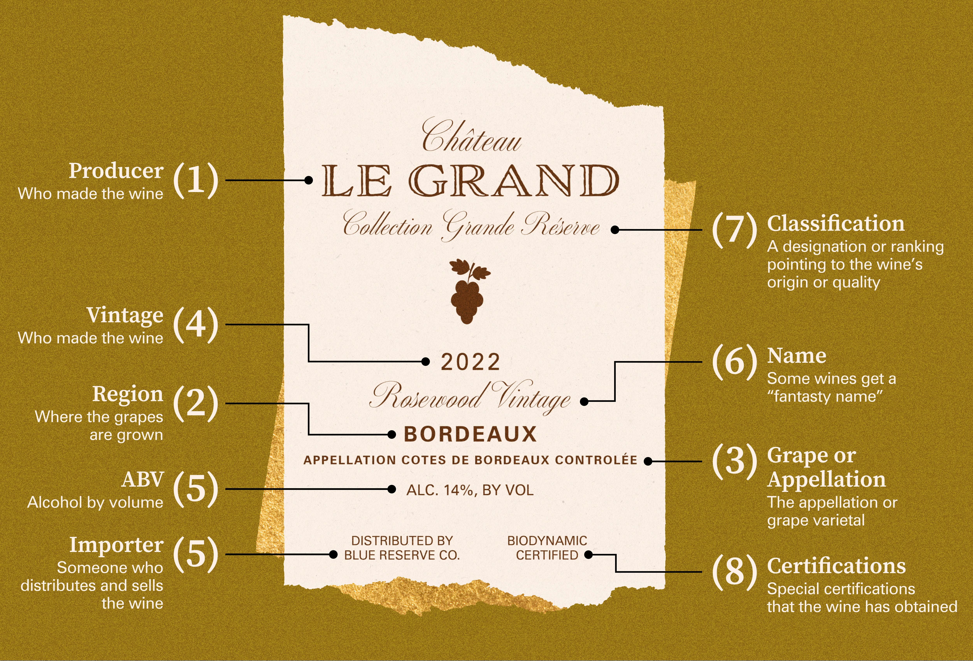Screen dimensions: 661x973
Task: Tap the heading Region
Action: (128, 394)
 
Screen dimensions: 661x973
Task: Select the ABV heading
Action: (142, 480)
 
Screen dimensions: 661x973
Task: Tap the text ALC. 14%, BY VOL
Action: (470, 490)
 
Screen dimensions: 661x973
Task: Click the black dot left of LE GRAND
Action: (309, 180)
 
